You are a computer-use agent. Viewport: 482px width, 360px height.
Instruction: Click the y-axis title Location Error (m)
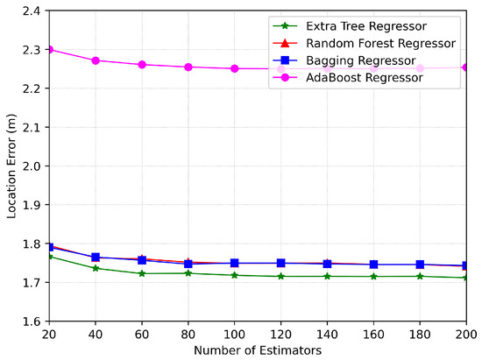coord(11,165)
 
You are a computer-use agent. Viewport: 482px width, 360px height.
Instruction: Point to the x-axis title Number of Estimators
coord(258,349)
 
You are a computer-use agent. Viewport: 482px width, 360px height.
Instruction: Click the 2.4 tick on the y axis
coord(32,11)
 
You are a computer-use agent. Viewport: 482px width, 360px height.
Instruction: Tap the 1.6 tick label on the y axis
coord(32,321)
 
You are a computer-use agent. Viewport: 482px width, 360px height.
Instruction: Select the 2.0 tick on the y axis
coord(32,166)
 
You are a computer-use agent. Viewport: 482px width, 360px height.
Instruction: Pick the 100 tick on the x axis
coord(234,334)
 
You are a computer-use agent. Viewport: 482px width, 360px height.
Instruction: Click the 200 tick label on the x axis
coord(466,334)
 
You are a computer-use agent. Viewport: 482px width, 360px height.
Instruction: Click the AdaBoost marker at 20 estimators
coord(50,49)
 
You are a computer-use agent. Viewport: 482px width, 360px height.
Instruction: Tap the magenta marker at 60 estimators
coord(142,65)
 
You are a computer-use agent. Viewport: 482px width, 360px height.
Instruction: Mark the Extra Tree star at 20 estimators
coord(50,256)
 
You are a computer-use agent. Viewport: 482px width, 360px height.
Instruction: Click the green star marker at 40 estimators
coord(96,267)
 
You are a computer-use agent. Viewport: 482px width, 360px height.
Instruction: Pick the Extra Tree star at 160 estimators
coord(373,276)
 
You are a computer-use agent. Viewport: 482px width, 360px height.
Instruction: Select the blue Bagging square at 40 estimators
coord(96,258)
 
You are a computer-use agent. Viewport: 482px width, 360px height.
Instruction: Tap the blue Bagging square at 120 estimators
coord(280,263)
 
